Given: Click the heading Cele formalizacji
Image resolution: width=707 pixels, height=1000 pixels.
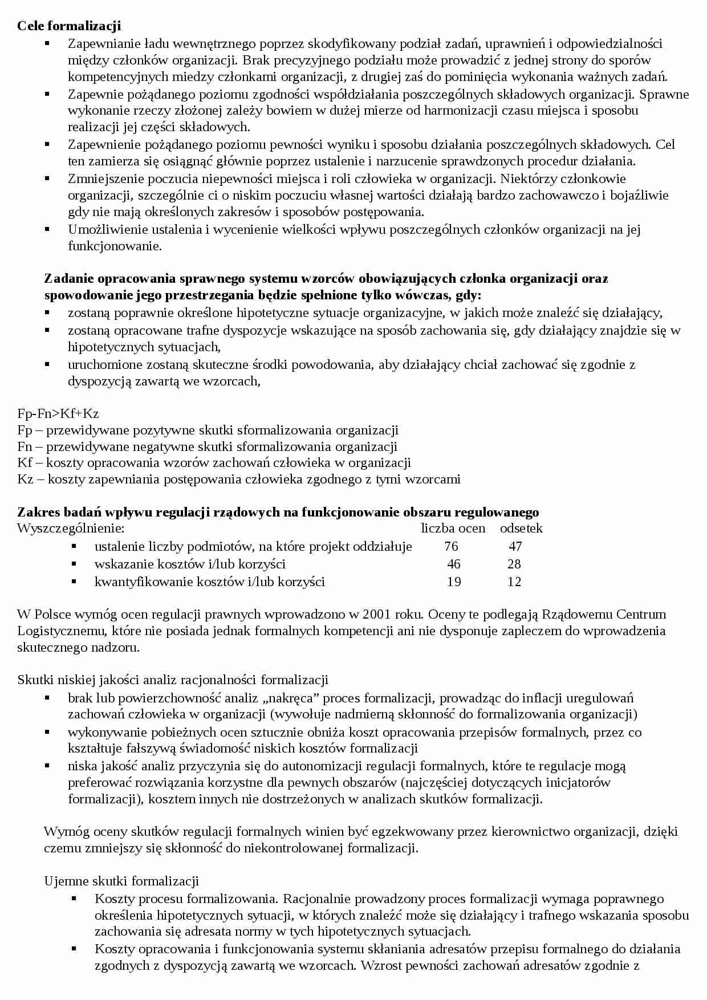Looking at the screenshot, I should (x=69, y=26).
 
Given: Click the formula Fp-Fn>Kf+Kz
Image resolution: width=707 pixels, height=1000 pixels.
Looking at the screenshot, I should (x=58, y=414).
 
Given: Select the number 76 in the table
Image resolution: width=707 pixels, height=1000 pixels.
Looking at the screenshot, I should (x=451, y=546).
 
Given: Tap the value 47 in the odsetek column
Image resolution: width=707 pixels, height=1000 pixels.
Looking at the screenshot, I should (x=515, y=546).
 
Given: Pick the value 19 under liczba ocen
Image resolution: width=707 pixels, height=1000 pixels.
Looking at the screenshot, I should (x=454, y=582).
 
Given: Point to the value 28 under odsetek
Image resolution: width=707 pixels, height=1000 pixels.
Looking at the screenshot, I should (x=514, y=564).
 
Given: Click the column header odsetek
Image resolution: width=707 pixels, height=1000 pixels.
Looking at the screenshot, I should (x=521, y=529).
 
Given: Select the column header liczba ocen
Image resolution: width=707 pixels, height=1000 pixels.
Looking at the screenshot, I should (x=453, y=529).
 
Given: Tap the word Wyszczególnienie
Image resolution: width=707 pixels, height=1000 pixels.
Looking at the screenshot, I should (x=70, y=529).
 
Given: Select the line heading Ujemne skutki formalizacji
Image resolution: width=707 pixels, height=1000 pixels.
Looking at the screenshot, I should (x=121, y=881).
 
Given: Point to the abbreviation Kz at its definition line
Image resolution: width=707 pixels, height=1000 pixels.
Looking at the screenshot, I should (x=26, y=479).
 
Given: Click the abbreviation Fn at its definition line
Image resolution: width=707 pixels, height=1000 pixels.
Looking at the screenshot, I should (x=25, y=446).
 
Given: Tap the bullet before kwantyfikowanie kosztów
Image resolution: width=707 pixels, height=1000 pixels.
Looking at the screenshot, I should (x=74, y=581).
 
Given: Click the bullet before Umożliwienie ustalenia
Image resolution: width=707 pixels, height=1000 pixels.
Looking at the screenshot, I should (x=47, y=229).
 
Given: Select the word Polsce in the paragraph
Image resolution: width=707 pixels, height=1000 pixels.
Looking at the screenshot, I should (x=52, y=614).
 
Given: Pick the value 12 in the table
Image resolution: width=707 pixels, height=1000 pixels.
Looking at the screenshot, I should (x=514, y=582).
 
